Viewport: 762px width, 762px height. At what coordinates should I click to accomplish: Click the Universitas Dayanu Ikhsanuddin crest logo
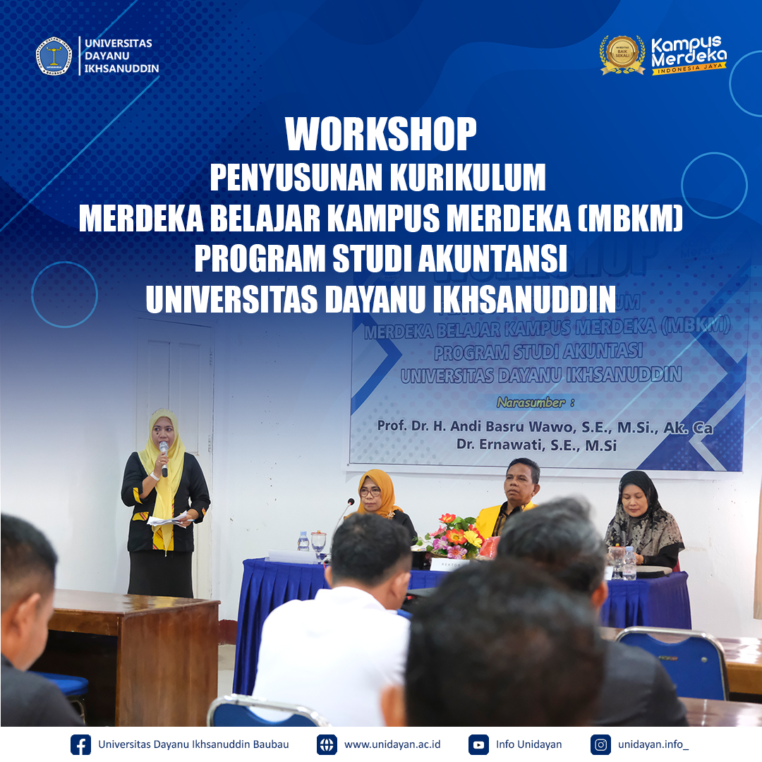point(54,56)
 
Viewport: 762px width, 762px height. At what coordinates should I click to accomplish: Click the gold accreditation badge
point(622,54)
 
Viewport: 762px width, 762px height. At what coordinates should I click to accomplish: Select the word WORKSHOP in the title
point(381,134)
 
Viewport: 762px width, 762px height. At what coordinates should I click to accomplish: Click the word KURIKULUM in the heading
point(468,179)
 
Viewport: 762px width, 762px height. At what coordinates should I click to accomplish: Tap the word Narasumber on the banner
point(531,403)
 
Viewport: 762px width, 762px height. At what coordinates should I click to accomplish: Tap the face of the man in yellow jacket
point(522,482)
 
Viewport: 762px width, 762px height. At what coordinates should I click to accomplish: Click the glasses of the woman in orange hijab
point(370,491)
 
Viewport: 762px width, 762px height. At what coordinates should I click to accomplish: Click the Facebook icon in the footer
point(81,744)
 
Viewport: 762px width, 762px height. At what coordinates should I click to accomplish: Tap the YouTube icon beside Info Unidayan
point(478,744)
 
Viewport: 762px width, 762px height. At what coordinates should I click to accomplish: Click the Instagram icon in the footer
point(600,744)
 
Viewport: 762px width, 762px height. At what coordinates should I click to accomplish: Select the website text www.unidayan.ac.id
point(392,744)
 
